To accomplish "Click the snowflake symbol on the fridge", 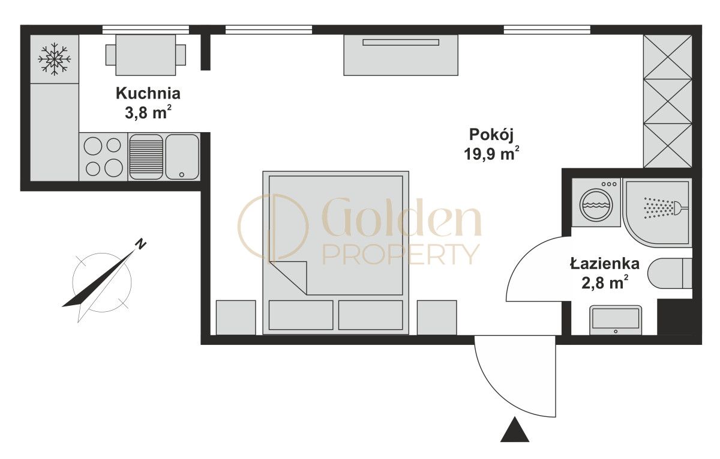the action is pyautogui.click(x=55, y=59).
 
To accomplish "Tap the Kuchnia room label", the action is pyautogui.click(x=148, y=93).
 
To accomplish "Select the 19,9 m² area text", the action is pyautogui.click(x=491, y=154).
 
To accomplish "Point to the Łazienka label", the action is pyautogui.click(x=605, y=264).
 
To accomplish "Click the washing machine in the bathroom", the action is pyautogui.click(x=596, y=203).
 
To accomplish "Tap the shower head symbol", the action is pyautogui.click(x=666, y=208).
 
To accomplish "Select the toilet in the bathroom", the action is pyautogui.click(x=670, y=273).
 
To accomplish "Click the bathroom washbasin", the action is pyautogui.click(x=616, y=321).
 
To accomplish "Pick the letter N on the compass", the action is pyautogui.click(x=140, y=244).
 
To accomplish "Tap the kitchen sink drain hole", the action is pyautogui.click(x=182, y=174).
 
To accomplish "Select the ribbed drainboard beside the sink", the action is pyautogui.click(x=146, y=156).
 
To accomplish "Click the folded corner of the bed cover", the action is pyautogui.click(x=289, y=277).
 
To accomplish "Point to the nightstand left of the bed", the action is pyautogui.click(x=236, y=317).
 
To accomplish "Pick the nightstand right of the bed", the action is pyautogui.click(x=437, y=317).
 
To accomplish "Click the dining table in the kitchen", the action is pyautogui.click(x=146, y=55).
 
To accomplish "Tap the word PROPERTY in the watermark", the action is pyautogui.click(x=401, y=254).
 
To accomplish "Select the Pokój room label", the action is pyautogui.click(x=491, y=135).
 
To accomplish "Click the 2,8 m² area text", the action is pyautogui.click(x=605, y=282).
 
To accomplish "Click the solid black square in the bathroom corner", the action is pyautogui.click(x=674, y=317).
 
